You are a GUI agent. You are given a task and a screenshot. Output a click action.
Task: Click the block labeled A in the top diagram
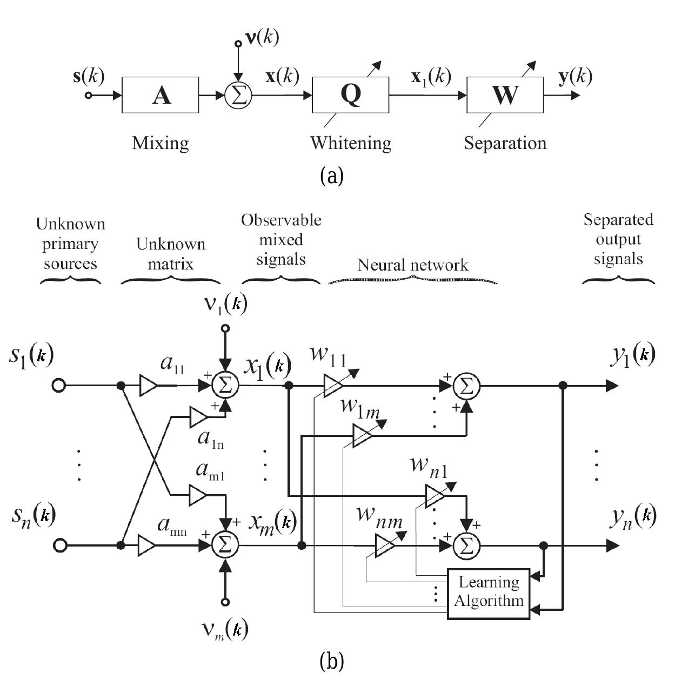tap(161, 95)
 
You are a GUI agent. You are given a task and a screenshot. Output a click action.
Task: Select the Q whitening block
tap(350, 95)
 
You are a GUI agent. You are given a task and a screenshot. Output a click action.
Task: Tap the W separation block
tap(505, 95)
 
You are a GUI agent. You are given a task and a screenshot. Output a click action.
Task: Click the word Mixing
tap(161, 143)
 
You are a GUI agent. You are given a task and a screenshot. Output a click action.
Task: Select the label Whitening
tap(350, 143)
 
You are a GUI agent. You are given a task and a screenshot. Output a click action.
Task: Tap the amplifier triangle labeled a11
tap(148, 386)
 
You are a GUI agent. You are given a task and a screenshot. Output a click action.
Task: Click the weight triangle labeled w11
tap(333, 386)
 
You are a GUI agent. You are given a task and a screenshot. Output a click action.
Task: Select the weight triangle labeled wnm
tap(385, 545)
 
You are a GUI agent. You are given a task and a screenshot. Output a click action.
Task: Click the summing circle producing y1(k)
tap(466, 386)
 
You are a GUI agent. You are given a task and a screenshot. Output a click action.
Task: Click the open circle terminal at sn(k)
tap(60, 545)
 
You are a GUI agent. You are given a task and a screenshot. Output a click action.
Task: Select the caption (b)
tap(331, 660)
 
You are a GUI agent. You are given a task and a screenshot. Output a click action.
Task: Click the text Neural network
tap(412, 265)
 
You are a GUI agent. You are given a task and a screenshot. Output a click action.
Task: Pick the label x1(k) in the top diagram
tap(431, 77)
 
